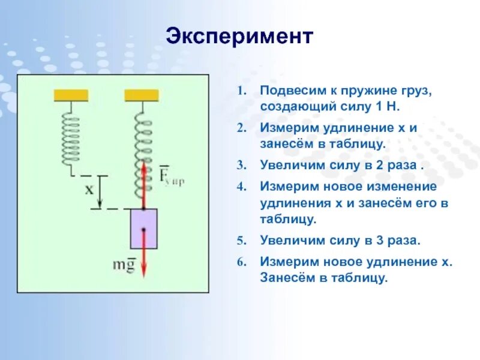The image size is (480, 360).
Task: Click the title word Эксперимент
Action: [239, 37]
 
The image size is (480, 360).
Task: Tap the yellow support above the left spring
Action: [71, 95]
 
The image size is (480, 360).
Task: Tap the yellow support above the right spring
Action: [142, 95]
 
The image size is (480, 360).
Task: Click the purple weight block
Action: [143, 229]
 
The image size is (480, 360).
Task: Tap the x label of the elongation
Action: [89, 190]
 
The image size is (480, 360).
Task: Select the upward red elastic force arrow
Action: [144, 180]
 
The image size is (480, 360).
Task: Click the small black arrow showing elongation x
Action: [100, 192]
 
